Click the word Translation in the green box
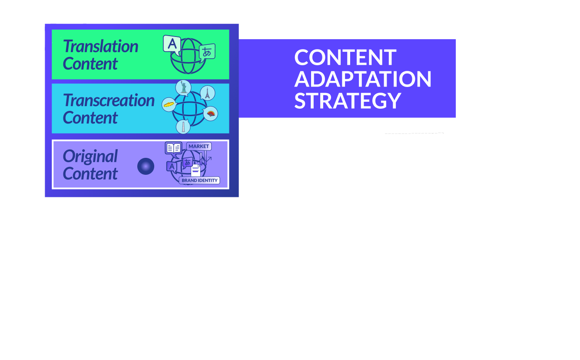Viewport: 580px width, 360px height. [x=100, y=47]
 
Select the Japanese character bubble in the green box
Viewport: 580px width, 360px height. [x=207, y=52]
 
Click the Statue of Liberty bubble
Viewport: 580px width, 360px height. [x=183, y=88]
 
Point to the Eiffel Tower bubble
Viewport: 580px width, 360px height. [x=208, y=93]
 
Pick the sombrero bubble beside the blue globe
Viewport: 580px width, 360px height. [x=169, y=105]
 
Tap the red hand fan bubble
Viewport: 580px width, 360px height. [x=211, y=114]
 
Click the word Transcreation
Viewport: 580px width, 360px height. [x=109, y=100]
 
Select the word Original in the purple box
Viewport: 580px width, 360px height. [x=90, y=157]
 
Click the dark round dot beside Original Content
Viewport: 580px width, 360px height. [x=146, y=167]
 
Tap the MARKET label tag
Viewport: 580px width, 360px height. [x=199, y=146]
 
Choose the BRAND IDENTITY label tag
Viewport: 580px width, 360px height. [x=199, y=180]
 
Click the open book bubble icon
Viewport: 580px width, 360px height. [x=173, y=148]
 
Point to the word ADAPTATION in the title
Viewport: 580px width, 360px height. [x=363, y=79]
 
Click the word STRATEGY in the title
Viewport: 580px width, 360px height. [x=348, y=100]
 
